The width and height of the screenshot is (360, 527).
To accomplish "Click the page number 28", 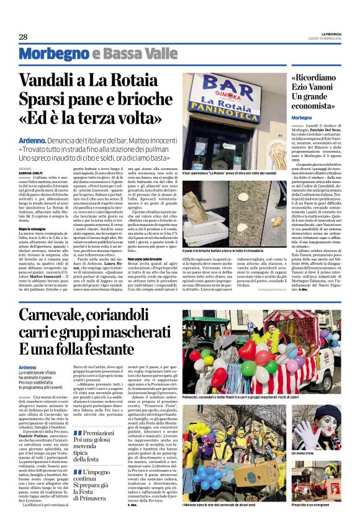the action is pos(24,37).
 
